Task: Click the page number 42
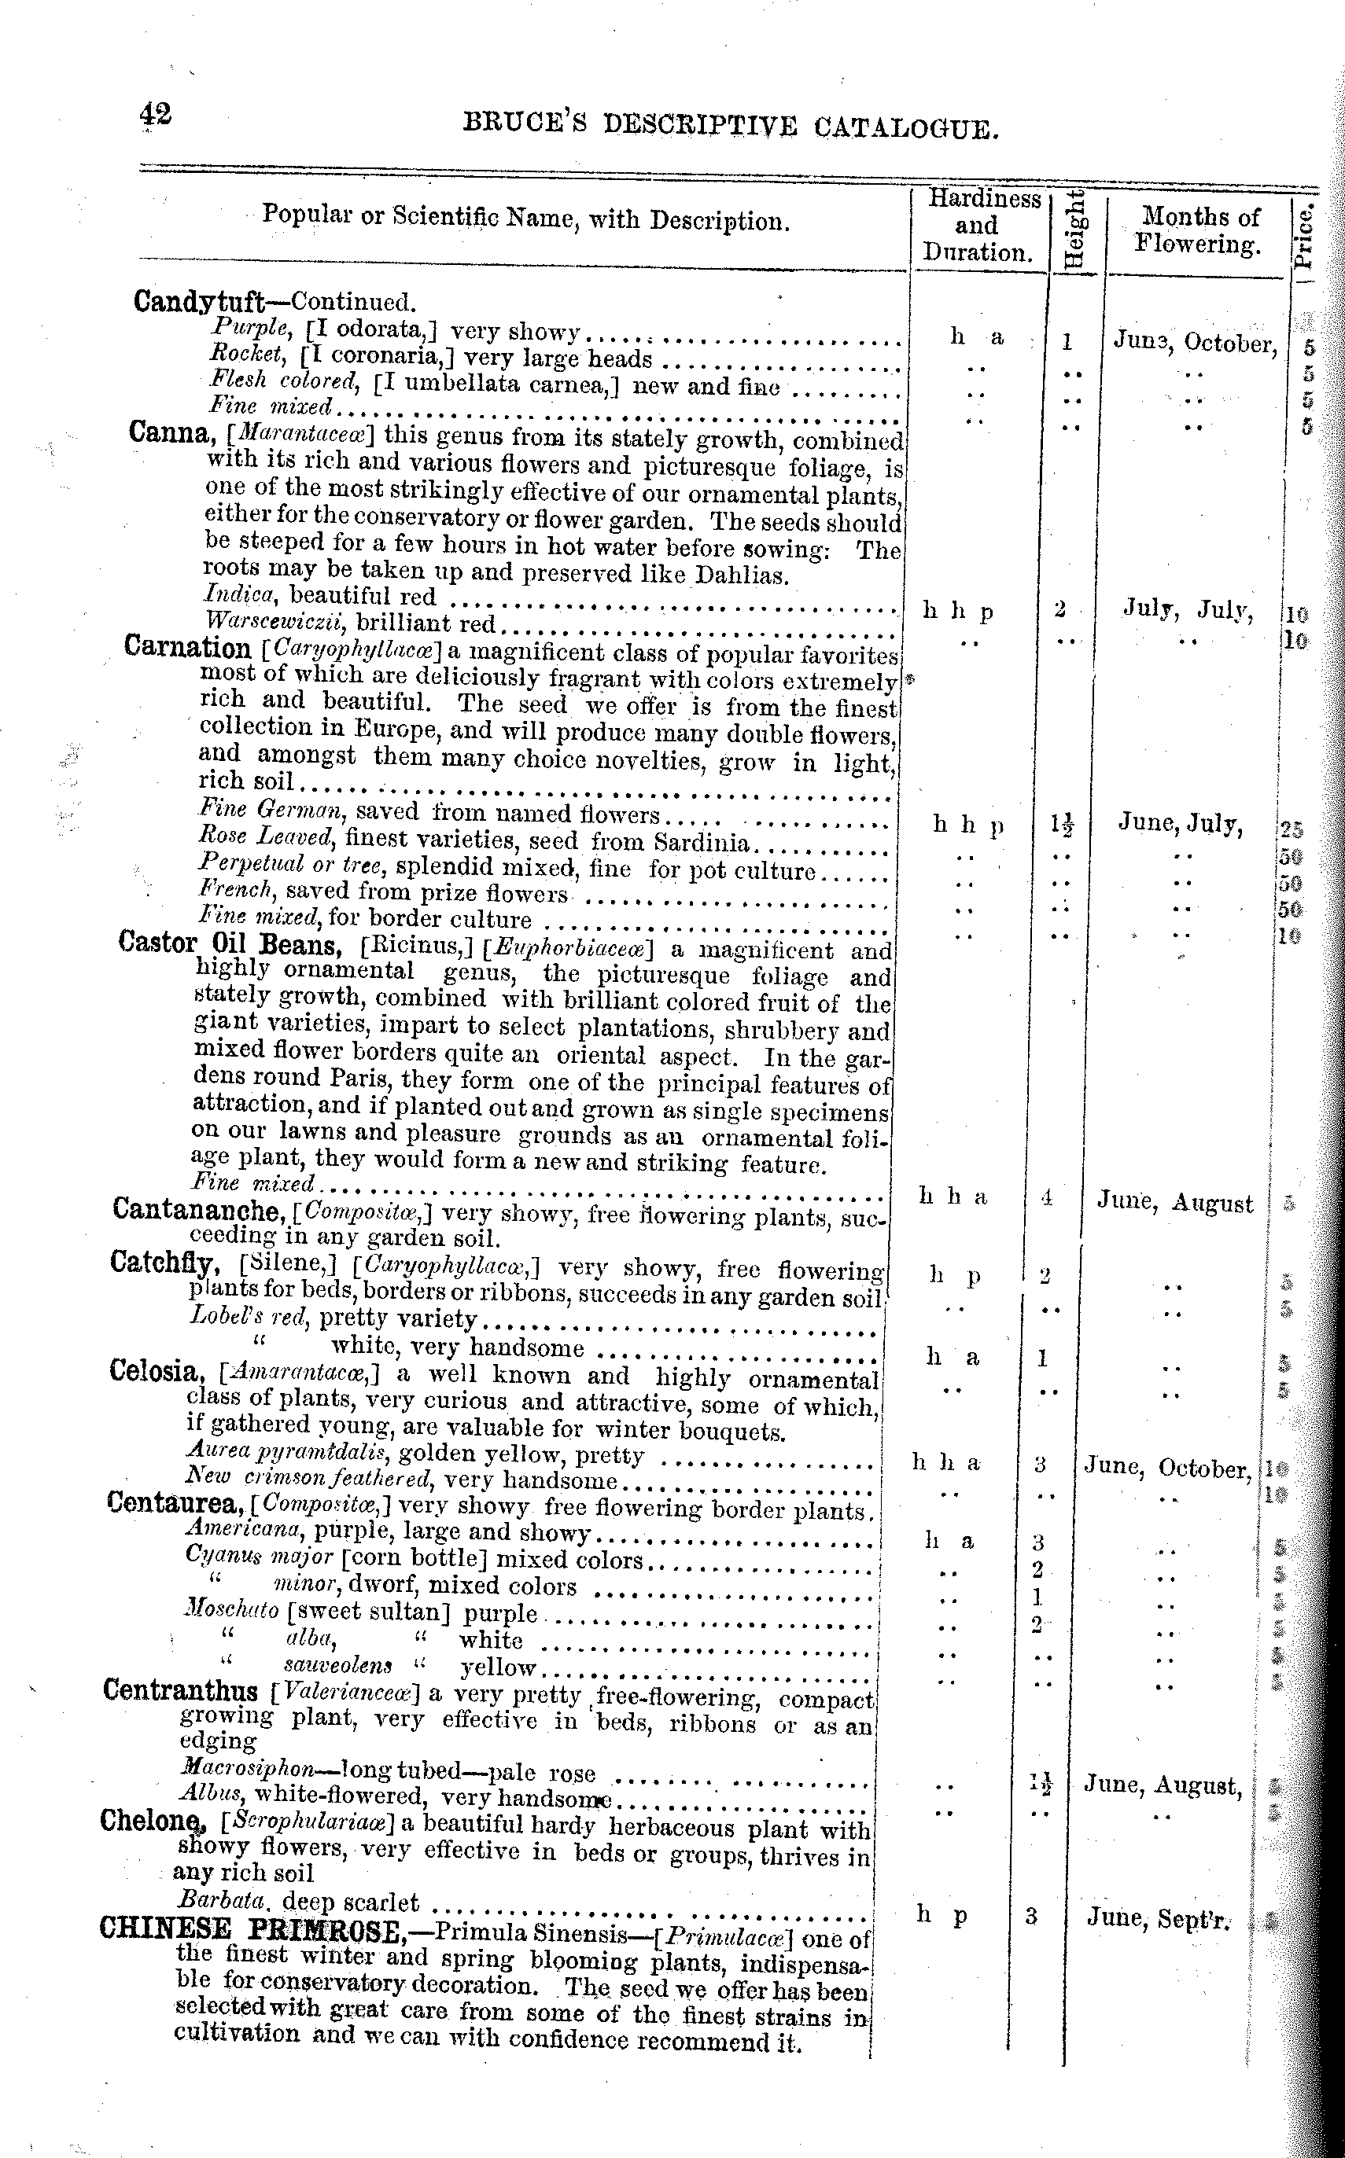pos(155,116)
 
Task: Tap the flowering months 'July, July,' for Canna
pos(1188,610)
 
